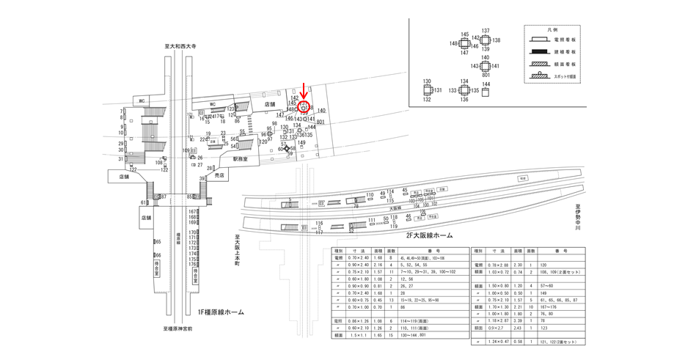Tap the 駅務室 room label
click(242, 158)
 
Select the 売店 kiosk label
click(218, 176)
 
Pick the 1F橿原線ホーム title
click(216, 312)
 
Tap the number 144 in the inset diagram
click(486, 84)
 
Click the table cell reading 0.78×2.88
click(501, 264)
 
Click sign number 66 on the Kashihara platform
click(158, 255)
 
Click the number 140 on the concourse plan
click(321, 111)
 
